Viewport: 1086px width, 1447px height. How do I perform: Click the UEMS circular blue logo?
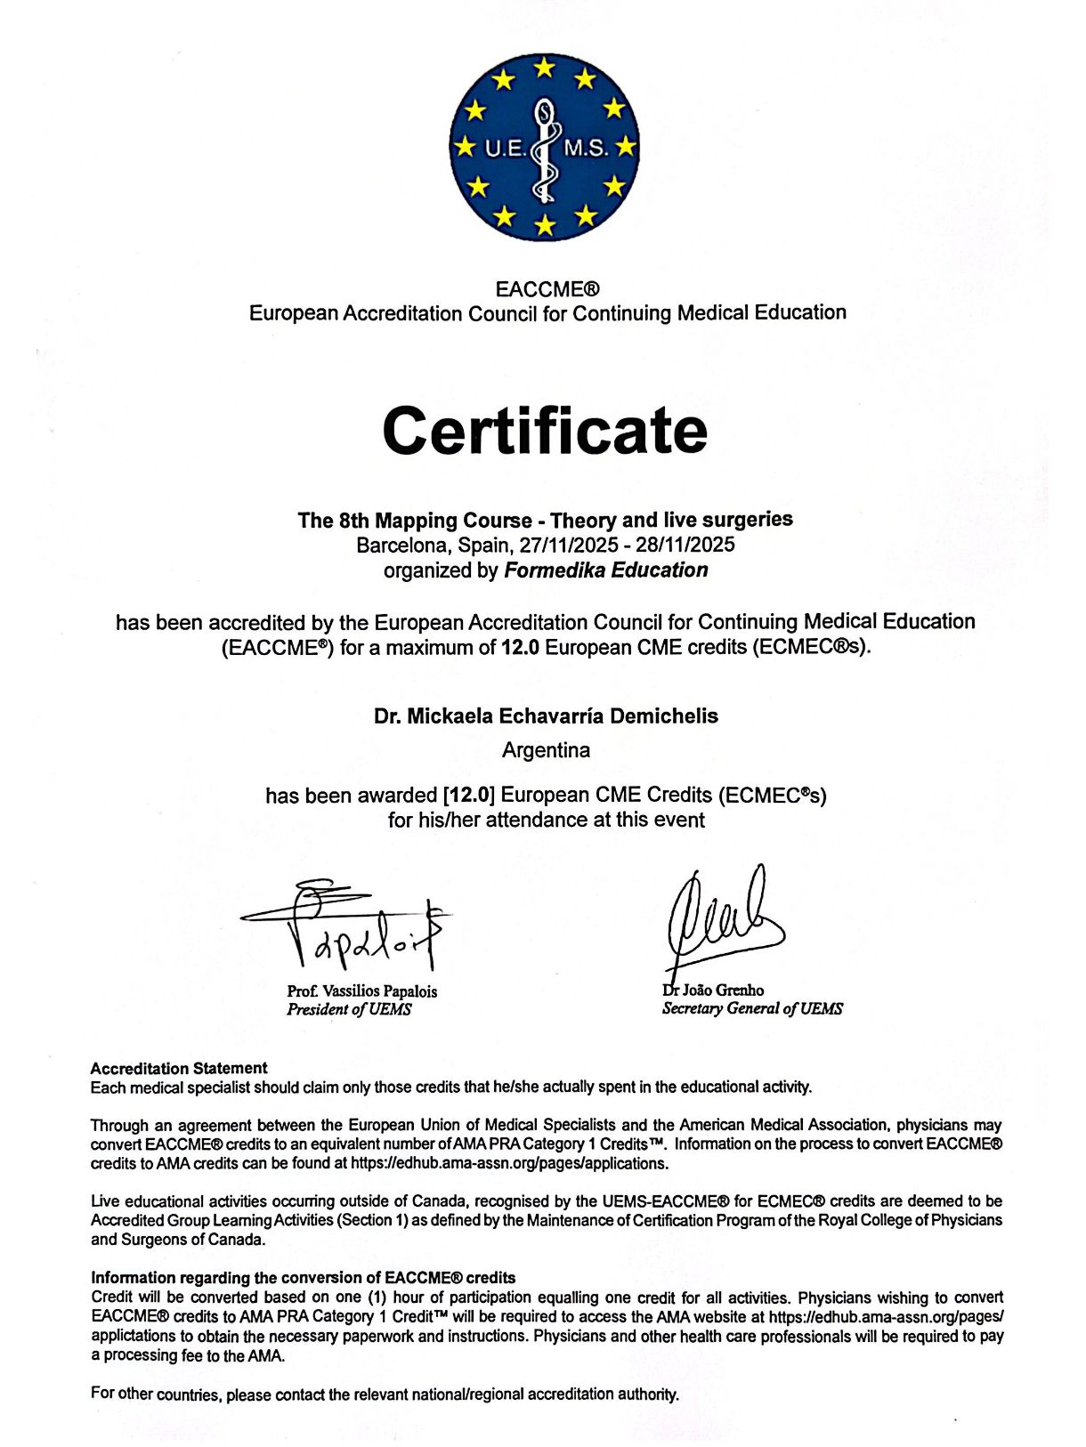tap(544, 147)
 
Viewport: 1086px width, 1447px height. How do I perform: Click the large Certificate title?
tap(545, 431)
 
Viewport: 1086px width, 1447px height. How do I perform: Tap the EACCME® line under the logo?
tap(547, 289)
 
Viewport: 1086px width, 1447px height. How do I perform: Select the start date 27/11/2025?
tap(569, 545)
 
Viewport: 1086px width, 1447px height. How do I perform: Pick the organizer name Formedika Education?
tap(606, 570)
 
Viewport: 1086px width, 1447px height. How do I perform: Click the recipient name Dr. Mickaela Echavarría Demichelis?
tap(546, 716)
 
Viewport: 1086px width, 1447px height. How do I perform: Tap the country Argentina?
tap(546, 750)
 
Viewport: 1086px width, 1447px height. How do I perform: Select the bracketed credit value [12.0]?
tap(468, 795)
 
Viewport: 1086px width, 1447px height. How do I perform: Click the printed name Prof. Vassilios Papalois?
tap(361, 991)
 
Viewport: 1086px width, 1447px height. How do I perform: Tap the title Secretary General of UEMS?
tap(752, 1008)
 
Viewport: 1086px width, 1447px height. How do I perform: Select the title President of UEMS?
tap(349, 1010)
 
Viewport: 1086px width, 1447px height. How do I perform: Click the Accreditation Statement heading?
tap(179, 1068)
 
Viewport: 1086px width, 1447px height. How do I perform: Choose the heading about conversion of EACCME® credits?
tap(303, 1278)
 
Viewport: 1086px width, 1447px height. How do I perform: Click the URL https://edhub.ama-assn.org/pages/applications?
tap(509, 1163)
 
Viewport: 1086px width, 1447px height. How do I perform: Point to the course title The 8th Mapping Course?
tap(545, 520)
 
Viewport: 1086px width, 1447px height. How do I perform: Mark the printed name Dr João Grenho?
tap(713, 990)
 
